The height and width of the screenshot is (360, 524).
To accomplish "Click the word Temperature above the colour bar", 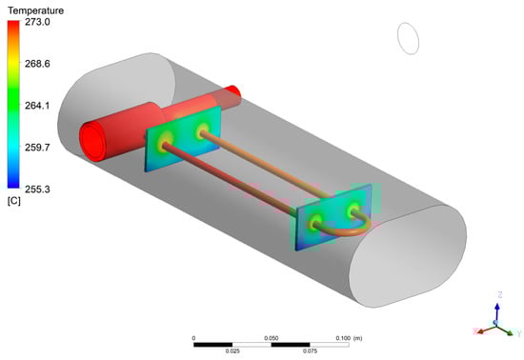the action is click(x=36, y=10).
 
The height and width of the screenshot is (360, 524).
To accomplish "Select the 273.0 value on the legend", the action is click(x=37, y=22).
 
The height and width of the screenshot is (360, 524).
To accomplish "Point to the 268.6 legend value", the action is click(x=37, y=64).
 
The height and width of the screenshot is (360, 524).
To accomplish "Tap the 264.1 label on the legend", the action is click(x=37, y=106).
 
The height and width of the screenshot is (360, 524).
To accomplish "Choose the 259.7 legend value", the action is click(x=37, y=148).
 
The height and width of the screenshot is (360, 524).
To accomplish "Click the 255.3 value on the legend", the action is click(x=37, y=190).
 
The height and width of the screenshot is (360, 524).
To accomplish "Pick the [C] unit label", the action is click(x=14, y=201).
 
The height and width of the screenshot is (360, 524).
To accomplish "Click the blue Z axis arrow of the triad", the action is click(x=497, y=312).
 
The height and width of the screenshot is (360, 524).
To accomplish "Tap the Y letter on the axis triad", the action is click(x=519, y=333).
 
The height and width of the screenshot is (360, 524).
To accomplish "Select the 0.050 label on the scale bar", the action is click(x=271, y=338).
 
